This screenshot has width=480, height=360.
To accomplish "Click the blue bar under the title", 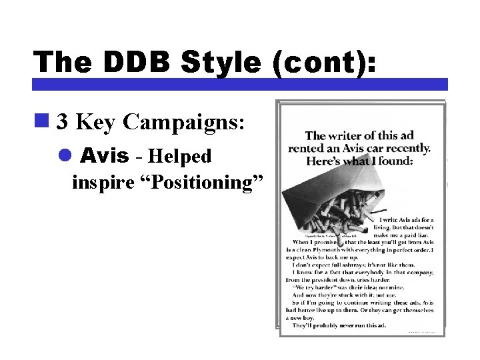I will pos(240,84).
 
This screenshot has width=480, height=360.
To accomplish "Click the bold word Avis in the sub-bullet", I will pos(104,156).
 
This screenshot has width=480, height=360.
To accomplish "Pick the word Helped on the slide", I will pos(181,157).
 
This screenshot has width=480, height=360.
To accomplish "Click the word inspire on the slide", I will pos(96,181).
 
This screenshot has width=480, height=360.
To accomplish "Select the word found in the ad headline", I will pos(396,161).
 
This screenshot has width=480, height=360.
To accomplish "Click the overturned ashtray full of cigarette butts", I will pos(333,200).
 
